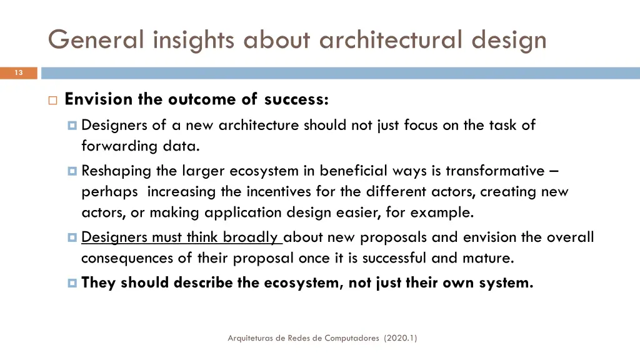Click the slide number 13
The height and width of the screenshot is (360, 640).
click(19, 73)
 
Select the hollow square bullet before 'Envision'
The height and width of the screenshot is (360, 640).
click(52, 100)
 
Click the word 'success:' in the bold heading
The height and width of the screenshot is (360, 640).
click(296, 99)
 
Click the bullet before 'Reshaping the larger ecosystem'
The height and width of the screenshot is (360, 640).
click(72, 171)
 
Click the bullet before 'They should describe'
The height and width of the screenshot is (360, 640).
click(72, 283)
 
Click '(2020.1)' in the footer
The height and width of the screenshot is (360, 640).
click(401, 338)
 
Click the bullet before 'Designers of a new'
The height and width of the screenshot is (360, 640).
click(72, 126)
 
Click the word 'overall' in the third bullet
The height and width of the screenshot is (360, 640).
click(570, 237)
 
